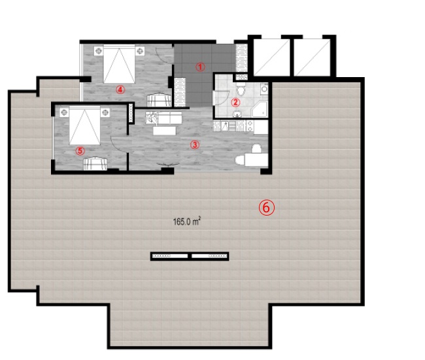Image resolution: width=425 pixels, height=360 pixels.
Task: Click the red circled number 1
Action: [x=200, y=67]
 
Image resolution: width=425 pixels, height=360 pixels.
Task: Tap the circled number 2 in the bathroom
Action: [x=235, y=103]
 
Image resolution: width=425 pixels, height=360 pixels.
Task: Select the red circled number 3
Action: [x=195, y=145]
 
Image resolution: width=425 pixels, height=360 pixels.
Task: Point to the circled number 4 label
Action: [x=120, y=90]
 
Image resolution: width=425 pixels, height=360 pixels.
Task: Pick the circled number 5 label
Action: [x=80, y=151]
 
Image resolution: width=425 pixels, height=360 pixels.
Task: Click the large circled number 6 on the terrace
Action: [x=266, y=208]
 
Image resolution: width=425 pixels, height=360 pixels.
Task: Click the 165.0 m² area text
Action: [x=187, y=221]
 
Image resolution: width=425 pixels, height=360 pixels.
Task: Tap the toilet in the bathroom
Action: [x=241, y=88]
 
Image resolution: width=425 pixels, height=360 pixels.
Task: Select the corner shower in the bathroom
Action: [x=260, y=109]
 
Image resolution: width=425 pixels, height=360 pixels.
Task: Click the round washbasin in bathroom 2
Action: [x=237, y=114]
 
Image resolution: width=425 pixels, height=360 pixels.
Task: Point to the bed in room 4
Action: [x=119, y=64]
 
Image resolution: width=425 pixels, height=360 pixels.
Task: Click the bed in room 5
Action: [x=84, y=125]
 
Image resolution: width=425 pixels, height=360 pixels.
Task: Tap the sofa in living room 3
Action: [x=163, y=118]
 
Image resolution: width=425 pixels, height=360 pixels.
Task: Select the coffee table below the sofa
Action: [x=164, y=131]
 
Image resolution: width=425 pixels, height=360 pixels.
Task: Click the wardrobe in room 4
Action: [x=159, y=100]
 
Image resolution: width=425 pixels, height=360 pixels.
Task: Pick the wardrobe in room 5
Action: [x=95, y=163]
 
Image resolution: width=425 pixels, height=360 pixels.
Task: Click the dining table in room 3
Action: [x=256, y=159]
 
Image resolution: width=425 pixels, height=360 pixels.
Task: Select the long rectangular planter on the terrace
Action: [x=190, y=256]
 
